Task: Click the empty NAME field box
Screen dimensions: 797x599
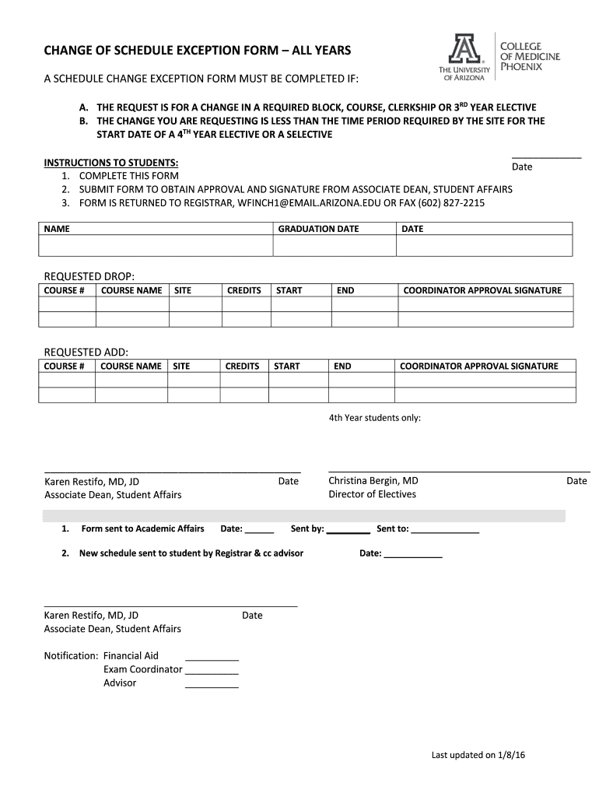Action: click(155, 246)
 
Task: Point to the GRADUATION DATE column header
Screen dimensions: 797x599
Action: click(318, 229)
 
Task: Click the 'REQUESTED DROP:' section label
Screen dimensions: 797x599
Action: click(89, 276)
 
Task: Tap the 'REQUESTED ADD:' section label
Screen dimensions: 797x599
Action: click(86, 352)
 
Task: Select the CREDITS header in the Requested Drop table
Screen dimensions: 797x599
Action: click(243, 290)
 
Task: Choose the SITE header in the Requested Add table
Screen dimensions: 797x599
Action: click(181, 366)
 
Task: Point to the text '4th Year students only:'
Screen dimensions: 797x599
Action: click(374, 418)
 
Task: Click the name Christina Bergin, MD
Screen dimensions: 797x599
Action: click(373, 481)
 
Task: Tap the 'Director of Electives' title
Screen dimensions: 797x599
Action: click(372, 494)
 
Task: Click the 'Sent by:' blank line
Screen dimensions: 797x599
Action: click(349, 530)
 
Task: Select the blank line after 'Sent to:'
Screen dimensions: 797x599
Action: click(444, 530)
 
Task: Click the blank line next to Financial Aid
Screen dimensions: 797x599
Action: click(212, 657)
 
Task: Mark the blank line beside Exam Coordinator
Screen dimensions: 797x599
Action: click(212, 670)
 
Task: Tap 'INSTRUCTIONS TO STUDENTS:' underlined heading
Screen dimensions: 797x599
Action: click(111, 163)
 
